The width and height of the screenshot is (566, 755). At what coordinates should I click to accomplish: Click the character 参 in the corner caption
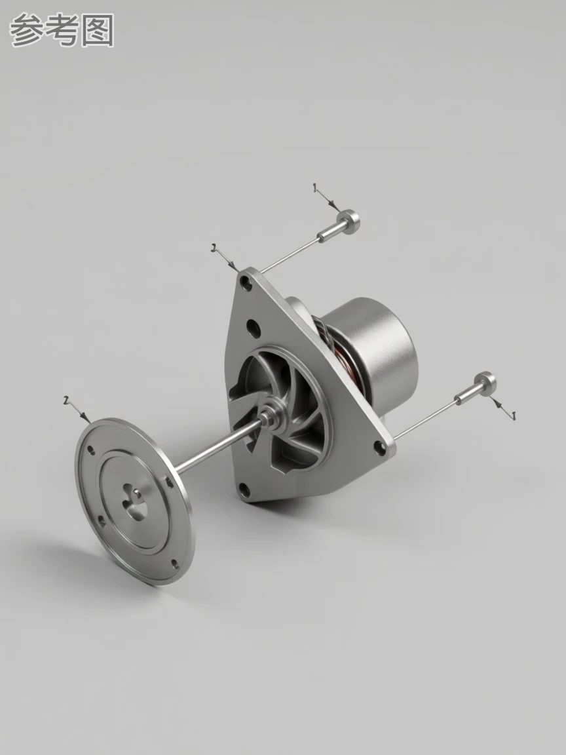(26, 30)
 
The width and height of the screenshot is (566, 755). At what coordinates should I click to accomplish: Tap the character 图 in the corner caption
(98, 30)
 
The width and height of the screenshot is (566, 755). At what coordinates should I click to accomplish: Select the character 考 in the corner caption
(62, 30)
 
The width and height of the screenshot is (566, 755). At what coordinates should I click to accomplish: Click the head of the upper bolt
(349, 221)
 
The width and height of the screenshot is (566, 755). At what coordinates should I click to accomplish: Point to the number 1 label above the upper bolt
(314, 187)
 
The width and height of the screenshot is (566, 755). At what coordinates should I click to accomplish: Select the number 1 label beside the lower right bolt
(513, 415)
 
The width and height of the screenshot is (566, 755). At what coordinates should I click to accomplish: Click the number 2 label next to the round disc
(66, 400)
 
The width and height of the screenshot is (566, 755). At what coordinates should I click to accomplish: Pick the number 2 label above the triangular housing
(213, 248)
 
